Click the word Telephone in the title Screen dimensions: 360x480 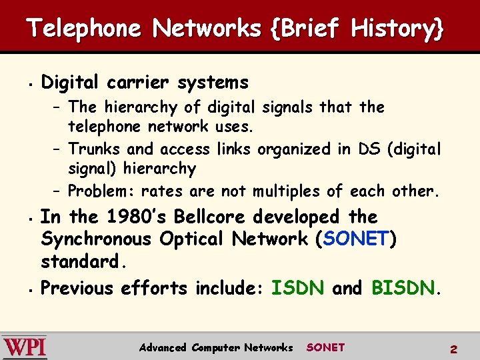pos(84,29)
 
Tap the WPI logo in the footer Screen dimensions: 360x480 pos(25,347)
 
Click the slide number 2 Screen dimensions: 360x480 pos(453,349)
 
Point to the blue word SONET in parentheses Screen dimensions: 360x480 pos(356,238)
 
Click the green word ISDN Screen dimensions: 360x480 pos(298,288)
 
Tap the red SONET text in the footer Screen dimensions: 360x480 pos(325,347)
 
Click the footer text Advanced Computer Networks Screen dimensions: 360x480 pos(216,347)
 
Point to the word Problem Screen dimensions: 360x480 pos(99,191)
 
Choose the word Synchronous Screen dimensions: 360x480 pos(99,238)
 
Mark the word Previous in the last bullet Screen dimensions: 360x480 pos(77,288)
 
